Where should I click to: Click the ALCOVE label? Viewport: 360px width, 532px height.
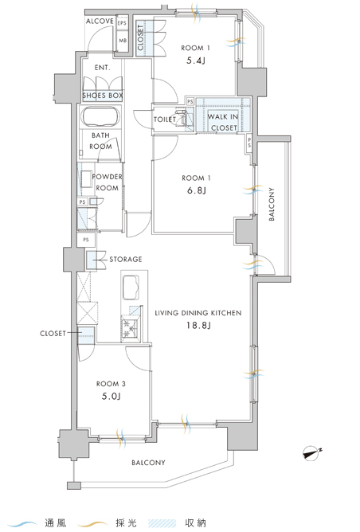pyautogui.click(x=100, y=21)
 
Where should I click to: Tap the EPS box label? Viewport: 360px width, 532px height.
pyautogui.click(x=122, y=23)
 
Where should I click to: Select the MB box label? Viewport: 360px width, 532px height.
pyautogui.click(x=123, y=41)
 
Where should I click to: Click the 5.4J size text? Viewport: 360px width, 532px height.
pyautogui.click(x=196, y=61)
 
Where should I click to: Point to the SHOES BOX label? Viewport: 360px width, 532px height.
pyautogui.click(x=103, y=96)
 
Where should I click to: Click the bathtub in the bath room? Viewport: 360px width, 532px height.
pyautogui.click(x=100, y=116)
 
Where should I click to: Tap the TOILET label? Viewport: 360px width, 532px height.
pyautogui.click(x=165, y=119)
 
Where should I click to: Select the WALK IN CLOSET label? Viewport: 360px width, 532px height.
pyautogui.click(x=223, y=122)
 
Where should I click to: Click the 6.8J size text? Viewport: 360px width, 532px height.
pyautogui.click(x=196, y=190)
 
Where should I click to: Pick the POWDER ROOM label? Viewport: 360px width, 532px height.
pyautogui.click(x=107, y=182)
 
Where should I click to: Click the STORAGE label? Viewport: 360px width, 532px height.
pyautogui.click(x=126, y=259)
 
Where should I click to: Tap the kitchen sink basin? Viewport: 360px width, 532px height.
pyautogui.click(x=131, y=288)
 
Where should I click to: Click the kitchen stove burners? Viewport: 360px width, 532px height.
pyautogui.click(x=130, y=328)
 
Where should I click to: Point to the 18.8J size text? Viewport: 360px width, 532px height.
pyautogui.click(x=198, y=326)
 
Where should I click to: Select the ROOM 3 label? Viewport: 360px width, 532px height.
pyautogui.click(x=111, y=384)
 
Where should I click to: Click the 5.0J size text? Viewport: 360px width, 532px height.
pyautogui.click(x=112, y=397)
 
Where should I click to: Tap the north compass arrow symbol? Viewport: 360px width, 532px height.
pyautogui.click(x=312, y=453)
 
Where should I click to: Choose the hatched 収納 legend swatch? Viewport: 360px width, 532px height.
pyautogui.click(x=162, y=523)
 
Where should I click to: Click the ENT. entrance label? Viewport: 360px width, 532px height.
pyautogui.click(x=103, y=68)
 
